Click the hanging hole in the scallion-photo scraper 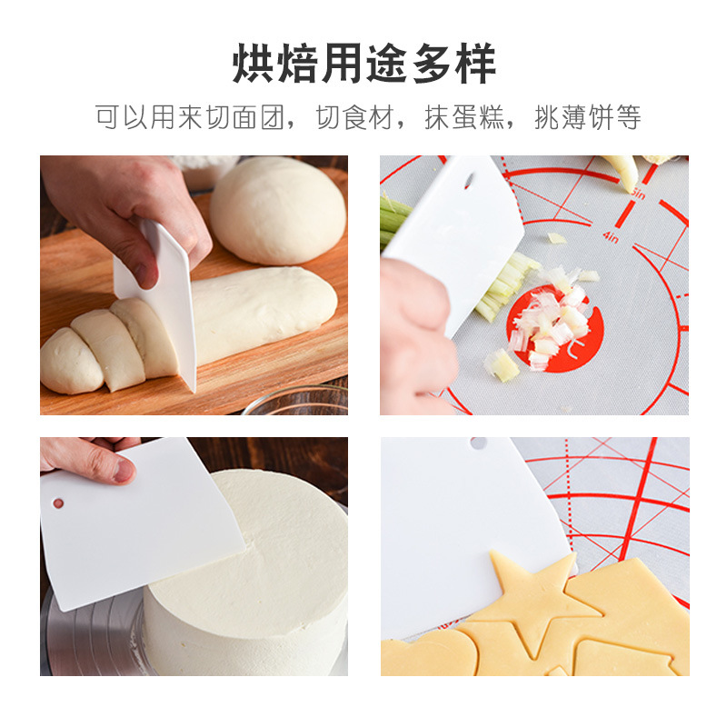pos(469,180)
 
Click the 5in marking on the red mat pos(637,193)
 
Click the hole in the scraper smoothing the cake pos(59,503)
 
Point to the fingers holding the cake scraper pos(91,460)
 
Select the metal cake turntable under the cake pos(91,636)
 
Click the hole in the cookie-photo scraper pos(478,443)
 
